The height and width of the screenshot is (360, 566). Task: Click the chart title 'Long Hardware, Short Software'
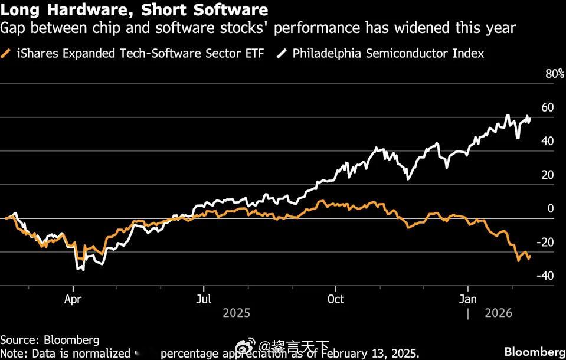[x=134, y=10]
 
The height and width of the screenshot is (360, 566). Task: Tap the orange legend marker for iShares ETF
[x=8, y=54]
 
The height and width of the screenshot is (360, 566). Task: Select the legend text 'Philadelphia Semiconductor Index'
[x=388, y=54]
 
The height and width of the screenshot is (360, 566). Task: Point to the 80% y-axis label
[x=555, y=74]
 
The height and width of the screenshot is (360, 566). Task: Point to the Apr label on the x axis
[x=73, y=299]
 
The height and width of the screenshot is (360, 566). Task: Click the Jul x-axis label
[x=204, y=299]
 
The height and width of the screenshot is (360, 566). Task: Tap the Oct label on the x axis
[x=335, y=299]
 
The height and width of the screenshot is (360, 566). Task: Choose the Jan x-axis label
[x=468, y=299]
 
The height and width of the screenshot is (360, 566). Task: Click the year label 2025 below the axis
[x=236, y=313]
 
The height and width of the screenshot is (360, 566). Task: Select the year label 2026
[x=499, y=313]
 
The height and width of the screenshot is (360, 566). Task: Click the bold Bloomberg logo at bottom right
[x=535, y=352]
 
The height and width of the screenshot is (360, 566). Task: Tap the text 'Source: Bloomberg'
[x=50, y=340]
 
